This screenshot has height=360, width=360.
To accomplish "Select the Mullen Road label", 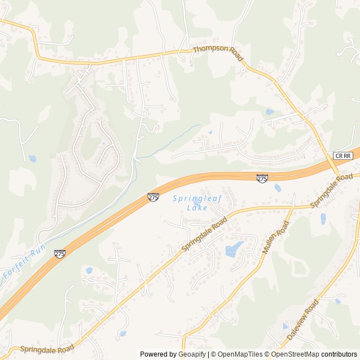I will (276, 237).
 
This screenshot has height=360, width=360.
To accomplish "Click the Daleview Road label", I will (302, 319).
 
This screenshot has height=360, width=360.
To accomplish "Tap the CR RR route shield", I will (342, 155).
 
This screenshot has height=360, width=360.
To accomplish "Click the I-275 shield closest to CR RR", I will (262, 178).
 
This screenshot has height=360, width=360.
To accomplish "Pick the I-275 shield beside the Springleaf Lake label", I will (153, 197).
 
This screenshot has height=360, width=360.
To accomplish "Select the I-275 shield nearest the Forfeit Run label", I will (60, 254).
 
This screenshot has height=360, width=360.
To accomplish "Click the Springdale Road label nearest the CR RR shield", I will (331, 190).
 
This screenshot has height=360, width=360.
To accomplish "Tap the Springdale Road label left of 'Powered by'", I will (47, 349).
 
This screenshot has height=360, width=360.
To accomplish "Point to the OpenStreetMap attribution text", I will (296, 354).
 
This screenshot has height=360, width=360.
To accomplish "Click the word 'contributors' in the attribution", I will (340, 354).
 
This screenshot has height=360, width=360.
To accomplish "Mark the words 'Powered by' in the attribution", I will (158, 354).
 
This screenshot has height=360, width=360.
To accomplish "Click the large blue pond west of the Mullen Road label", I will (233, 249).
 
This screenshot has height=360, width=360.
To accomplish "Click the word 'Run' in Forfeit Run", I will (37, 251).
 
